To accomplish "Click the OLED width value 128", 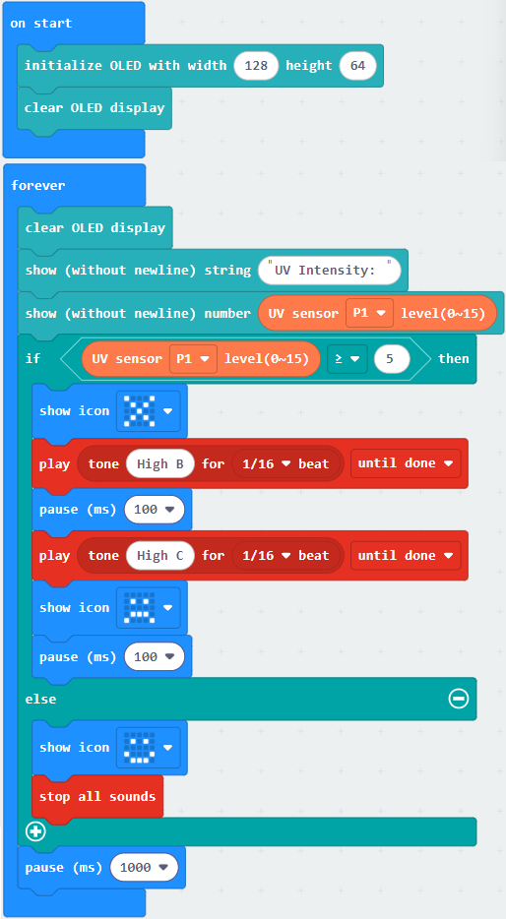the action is [256, 66].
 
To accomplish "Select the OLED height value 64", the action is [357, 66].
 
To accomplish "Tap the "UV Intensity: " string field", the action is [330, 271].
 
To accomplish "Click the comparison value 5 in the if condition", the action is [392, 358].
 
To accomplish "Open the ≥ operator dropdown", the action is [348, 358].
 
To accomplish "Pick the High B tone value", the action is [160, 463].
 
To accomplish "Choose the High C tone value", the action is [160, 556].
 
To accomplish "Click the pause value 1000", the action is [145, 868].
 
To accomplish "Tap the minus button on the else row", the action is [459, 698].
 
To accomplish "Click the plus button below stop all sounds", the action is [35, 831].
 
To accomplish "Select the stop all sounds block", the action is [97, 797].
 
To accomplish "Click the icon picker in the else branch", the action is [148, 747].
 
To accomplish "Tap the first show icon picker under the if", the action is [148, 411].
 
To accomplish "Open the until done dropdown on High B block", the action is [406, 463].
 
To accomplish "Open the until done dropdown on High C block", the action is [406, 556].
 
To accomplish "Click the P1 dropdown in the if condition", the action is [193, 358].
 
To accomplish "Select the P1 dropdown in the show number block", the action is [369, 314].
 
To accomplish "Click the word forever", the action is [38, 185].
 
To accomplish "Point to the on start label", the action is [41, 24].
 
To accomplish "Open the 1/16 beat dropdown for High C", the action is [286, 556].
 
